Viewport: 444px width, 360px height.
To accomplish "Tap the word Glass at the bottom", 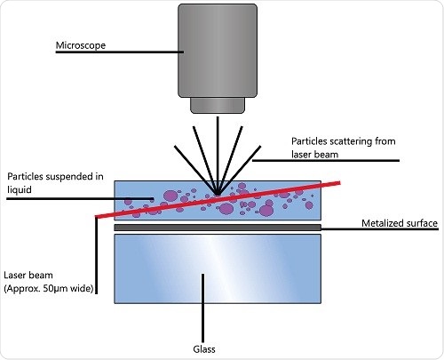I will [204, 348].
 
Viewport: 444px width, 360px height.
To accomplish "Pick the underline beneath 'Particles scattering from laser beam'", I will [329, 161].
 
